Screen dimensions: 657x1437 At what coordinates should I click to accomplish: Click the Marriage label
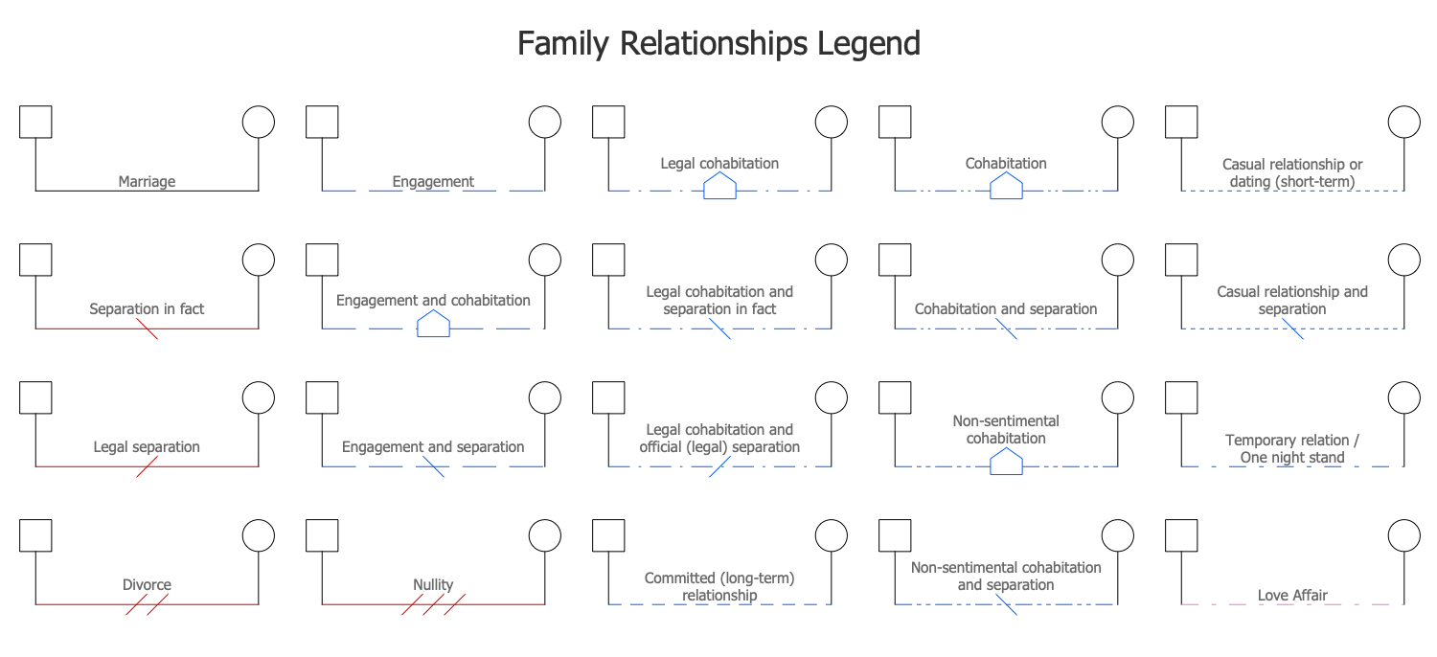click(147, 181)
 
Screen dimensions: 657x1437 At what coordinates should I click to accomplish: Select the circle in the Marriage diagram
click(258, 122)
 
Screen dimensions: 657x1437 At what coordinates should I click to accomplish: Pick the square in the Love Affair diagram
click(1181, 535)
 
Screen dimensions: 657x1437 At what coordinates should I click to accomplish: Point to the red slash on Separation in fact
click(147, 328)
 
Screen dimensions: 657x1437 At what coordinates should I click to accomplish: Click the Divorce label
click(147, 585)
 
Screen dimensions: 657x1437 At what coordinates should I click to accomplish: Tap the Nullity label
click(433, 585)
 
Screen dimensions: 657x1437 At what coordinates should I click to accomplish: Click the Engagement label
click(433, 181)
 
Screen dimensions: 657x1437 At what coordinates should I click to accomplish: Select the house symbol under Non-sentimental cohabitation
click(1006, 463)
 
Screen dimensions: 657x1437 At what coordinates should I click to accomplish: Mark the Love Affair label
click(1292, 596)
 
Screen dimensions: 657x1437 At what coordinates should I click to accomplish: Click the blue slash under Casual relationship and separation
click(1292, 328)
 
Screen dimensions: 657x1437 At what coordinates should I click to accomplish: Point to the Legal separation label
click(147, 447)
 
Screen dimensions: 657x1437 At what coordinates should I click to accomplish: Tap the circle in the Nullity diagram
click(544, 535)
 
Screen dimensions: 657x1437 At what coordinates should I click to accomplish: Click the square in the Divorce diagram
click(35, 535)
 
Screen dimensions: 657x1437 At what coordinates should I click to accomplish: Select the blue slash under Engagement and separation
click(433, 466)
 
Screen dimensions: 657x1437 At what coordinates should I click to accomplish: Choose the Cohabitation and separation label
click(1006, 309)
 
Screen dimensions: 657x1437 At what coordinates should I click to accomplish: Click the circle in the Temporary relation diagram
click(1404, 397)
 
